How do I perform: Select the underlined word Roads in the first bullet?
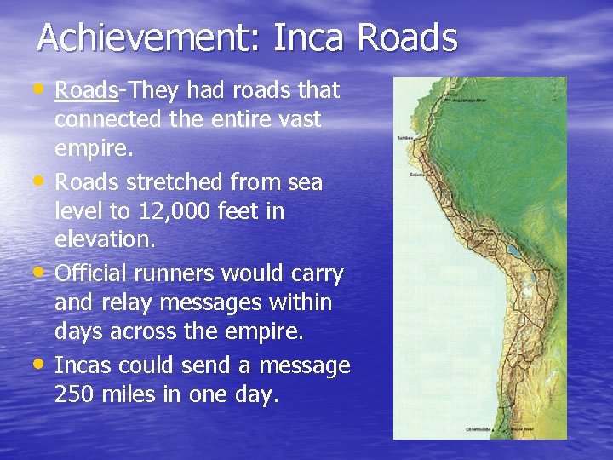click(x=86, y=90)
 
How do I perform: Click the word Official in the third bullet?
click(x=93, y=274)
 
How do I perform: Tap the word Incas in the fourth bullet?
click(x=83, y=366)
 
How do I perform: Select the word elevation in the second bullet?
click(x=105, y=240)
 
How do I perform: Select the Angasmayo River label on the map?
click(x=469, y=99)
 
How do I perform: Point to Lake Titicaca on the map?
click(x=512, y=253)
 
